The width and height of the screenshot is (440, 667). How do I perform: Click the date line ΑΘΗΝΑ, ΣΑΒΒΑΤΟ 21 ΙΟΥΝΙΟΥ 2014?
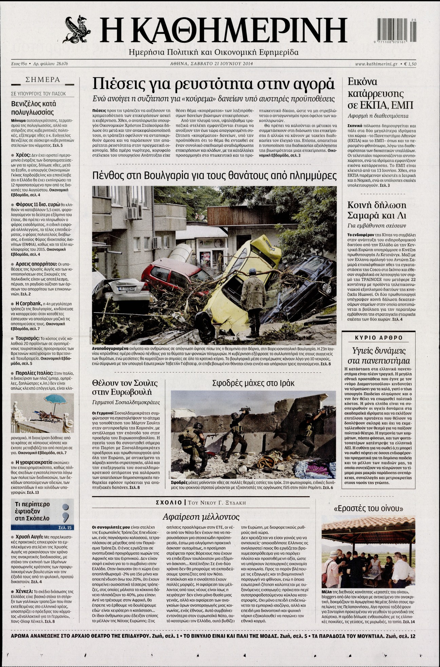(212, 63)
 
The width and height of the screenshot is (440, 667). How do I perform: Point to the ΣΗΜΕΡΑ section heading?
(43, 80)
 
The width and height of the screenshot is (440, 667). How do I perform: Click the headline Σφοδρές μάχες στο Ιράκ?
(253, 383)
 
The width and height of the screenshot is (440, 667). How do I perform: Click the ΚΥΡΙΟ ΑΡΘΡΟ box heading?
(379, 338)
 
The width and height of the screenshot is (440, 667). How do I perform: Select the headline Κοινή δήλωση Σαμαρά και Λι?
(377, 210)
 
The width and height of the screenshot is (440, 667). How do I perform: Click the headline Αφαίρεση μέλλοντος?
(201, 517)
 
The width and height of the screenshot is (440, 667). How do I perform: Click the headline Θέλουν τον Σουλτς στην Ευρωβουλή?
(125, 388)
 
